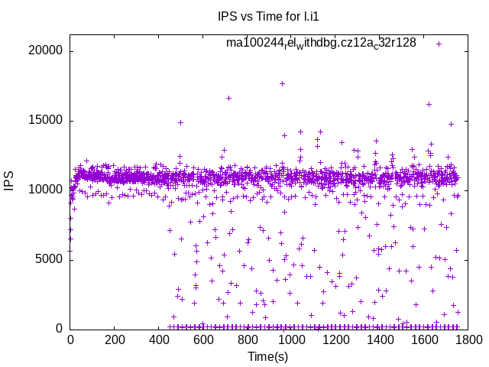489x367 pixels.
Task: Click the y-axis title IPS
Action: tap(9, 182)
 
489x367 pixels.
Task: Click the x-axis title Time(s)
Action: tap(267, 356)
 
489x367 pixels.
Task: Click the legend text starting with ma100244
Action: tap(321, 43)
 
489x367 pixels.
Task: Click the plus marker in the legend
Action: tap(439, 44)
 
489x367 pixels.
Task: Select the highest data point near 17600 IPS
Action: tap(282, 83)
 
